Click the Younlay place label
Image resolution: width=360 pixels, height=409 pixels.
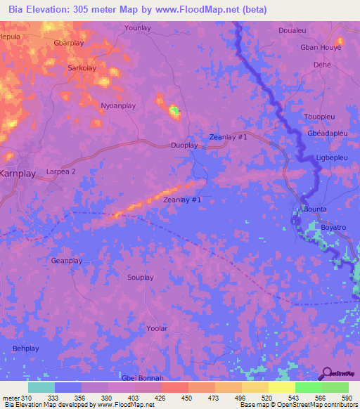click(x=137, y=27)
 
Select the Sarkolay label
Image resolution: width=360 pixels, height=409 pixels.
click(x=82, y=68)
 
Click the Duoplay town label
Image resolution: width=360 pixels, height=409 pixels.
click(x=185, y=145)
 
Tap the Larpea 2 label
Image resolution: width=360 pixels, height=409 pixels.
click(x=60, y=171)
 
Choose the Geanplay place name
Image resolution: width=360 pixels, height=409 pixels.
click(x=67, y=261)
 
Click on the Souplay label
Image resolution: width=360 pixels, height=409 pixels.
click(x=140, y=278)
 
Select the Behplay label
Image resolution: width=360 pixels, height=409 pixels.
click(x=25, y=348)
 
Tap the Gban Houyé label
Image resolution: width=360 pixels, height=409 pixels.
click(x=321, y=47)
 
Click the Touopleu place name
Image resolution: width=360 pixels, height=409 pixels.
click(x=321, y=117)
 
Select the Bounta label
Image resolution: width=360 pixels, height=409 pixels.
click(x=315, y=209)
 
